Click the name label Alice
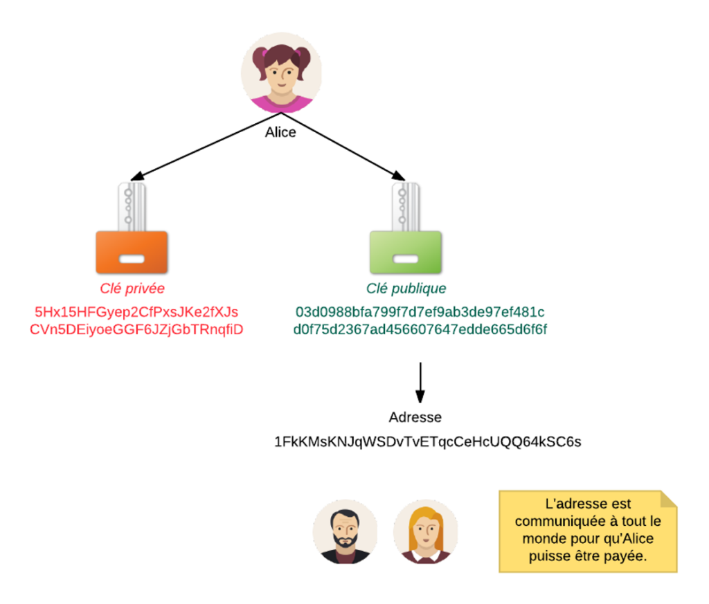[280, 132]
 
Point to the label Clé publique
[406, 289]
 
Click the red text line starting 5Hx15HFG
[136, 311]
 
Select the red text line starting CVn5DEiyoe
[136, 329]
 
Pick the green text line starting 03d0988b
[420, 311]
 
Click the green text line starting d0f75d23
[420, 329]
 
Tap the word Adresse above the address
[415, 417]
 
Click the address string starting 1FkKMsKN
[428, 441]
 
